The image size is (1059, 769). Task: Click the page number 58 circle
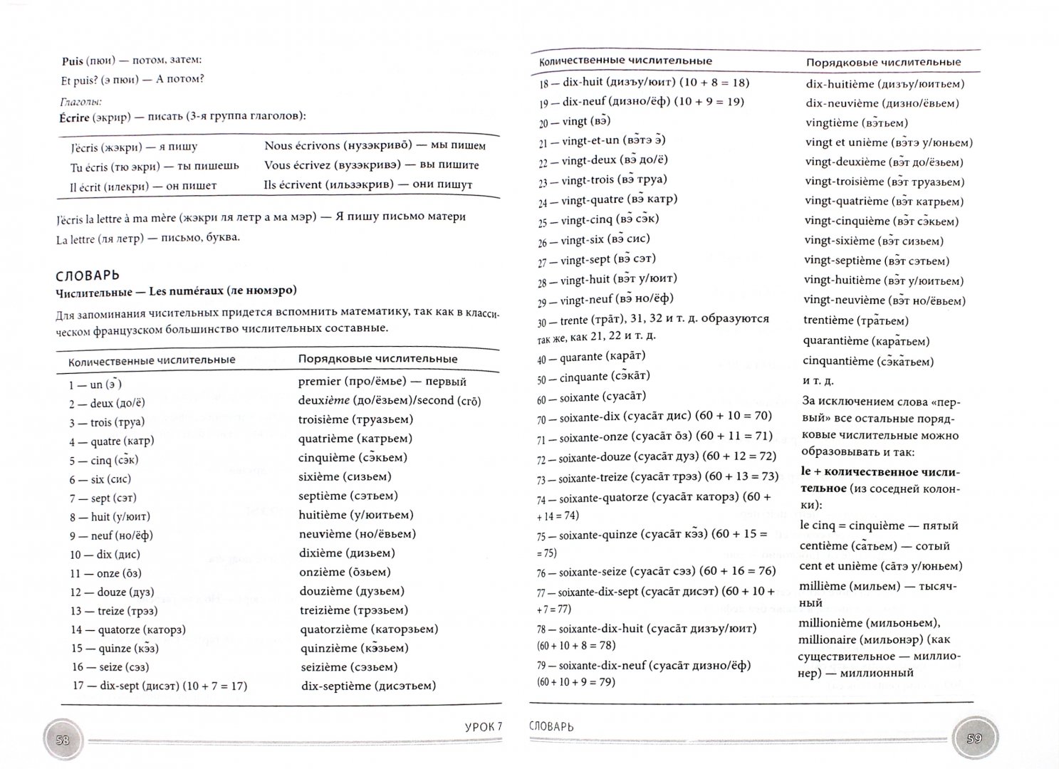tap(62, 740)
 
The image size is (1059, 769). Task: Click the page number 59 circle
tap(974, 738)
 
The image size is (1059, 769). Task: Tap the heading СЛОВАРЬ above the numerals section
tap(88, 275)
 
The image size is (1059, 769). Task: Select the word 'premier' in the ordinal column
tap(319, 382)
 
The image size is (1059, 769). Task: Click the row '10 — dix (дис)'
tap(105, 554)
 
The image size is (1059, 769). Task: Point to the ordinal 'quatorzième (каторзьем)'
tap(368, 629)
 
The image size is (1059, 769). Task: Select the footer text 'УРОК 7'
tap(482, 726)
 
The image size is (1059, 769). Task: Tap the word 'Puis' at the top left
tap(73, 62)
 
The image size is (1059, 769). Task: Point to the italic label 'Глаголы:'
tap(79, 102)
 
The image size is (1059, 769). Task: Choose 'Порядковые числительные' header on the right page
tap(882, 63)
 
